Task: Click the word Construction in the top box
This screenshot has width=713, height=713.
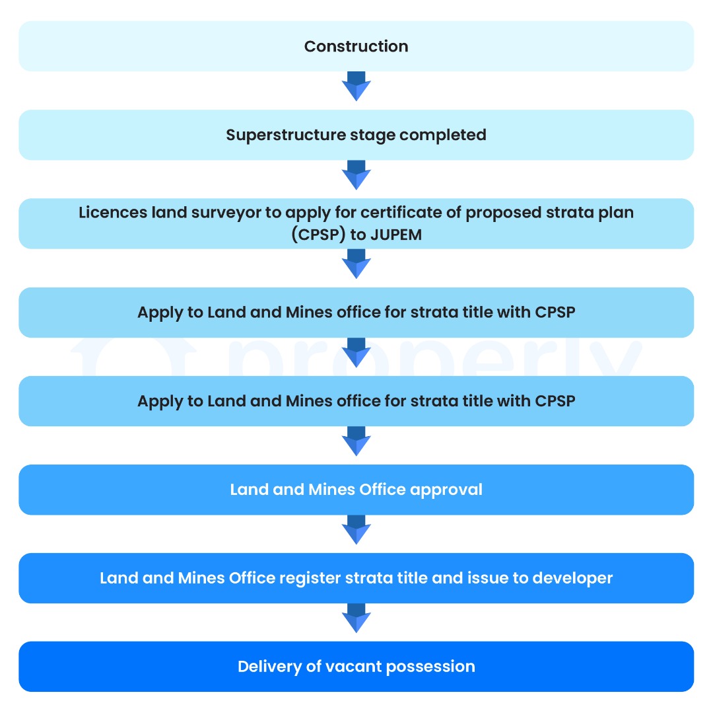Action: tap(356, 46)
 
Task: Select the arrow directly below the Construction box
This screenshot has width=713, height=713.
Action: tap(356, 86)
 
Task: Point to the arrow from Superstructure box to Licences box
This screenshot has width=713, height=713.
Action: tap(356, 174)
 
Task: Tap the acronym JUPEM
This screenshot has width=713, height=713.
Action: tap(396, 235)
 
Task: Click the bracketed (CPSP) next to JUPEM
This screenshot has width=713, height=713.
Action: tap(318, 235)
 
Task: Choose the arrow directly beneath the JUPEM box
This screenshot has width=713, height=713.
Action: tap(356, 264)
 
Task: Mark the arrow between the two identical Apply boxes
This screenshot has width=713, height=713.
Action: tap(356, 352)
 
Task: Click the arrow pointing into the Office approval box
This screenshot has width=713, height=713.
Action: tap(356, 441)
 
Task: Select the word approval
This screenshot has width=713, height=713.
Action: tap(446, 490)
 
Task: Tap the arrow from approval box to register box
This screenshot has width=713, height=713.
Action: tap(356, 530)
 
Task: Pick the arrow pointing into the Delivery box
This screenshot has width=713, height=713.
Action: tap(356, 618)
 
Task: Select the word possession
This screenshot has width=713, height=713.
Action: tap(430, 667)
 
